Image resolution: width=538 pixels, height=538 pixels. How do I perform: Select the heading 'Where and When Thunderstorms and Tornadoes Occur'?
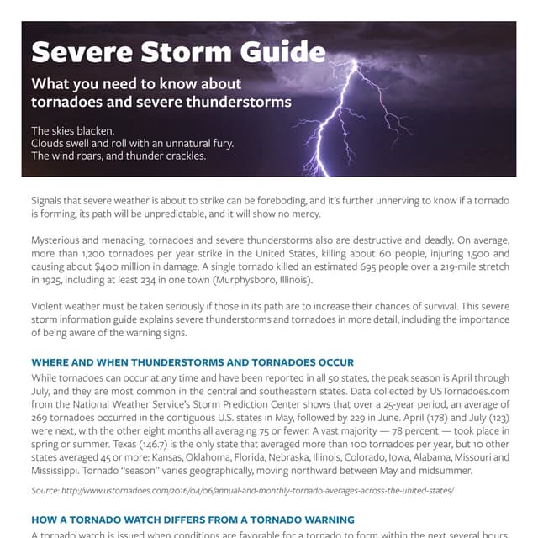tap(193, 361)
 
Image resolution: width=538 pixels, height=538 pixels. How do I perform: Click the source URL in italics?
tap(242, 489)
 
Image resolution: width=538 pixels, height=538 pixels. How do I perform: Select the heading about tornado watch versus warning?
tap(193, 520)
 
